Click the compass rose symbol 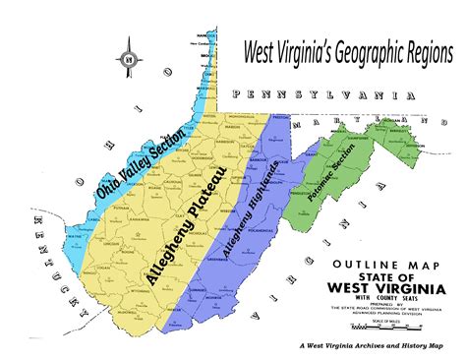129,63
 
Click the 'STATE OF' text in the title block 378,276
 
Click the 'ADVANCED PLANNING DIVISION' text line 379,316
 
